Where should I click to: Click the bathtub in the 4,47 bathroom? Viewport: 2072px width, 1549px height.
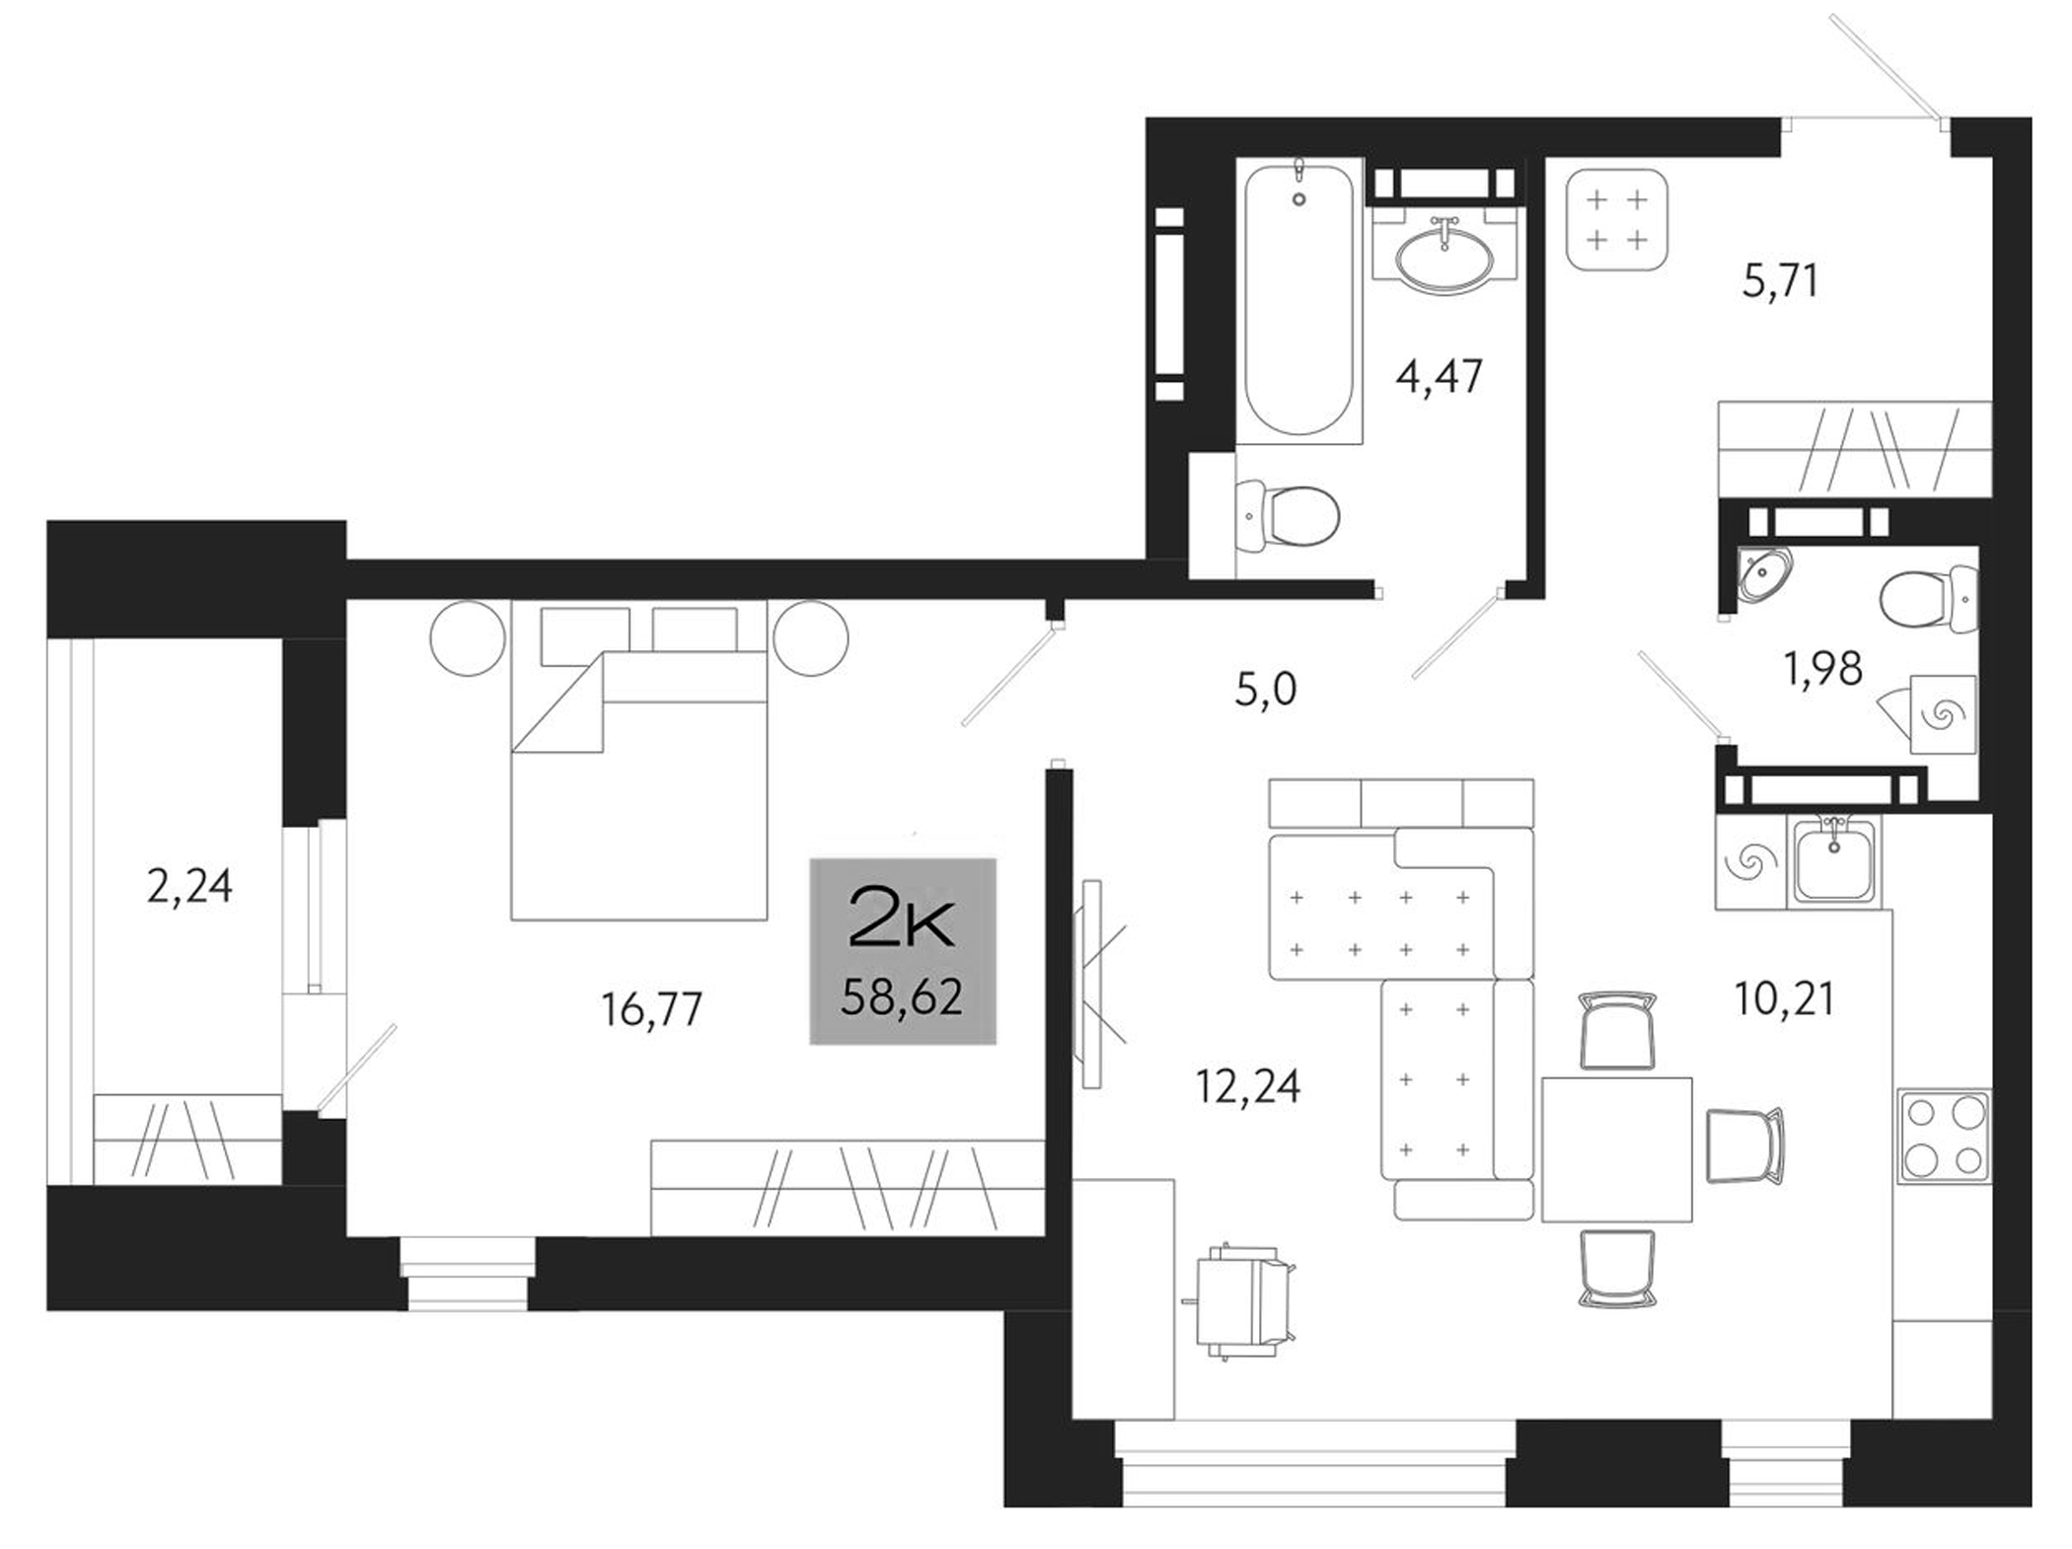pos(1298,301)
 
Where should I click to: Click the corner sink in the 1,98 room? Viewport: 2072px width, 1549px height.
pos(1764,574)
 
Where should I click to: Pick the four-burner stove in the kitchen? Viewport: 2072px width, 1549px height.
pos(1944,1137)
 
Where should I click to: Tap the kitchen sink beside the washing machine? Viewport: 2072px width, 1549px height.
pos(1834,863)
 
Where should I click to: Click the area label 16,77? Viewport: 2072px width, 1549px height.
pos(651,1009)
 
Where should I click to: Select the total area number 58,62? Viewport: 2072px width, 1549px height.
pos(902,997)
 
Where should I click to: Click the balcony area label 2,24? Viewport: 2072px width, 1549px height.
pos(189,886)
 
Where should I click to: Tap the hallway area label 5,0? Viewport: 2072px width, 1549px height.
pos(1265,689)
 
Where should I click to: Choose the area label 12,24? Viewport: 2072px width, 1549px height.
pos(1248,1085)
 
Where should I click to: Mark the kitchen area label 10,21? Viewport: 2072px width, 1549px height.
pos(1784,999)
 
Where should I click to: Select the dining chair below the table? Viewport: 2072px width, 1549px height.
pos(1616,1269)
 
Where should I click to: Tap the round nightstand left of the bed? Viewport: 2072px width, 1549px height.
pos(468,638)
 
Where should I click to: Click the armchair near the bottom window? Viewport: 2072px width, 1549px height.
pos(1243,1302)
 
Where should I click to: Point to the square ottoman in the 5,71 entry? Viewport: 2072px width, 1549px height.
pos(1617,220)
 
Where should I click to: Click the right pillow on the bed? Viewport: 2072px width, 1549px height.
pos(694,628)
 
